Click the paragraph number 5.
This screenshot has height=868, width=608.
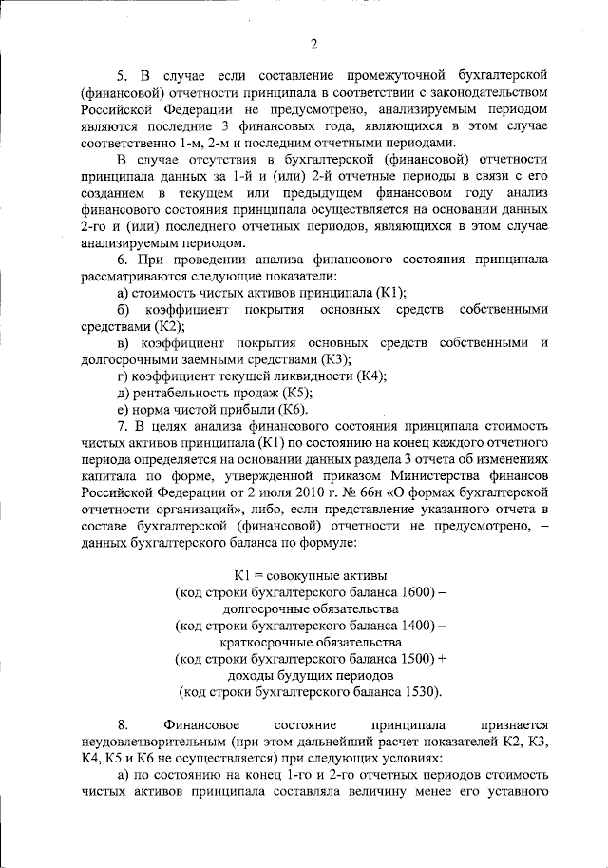(121, 74)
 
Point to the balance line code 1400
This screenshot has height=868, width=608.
(408, 626)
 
